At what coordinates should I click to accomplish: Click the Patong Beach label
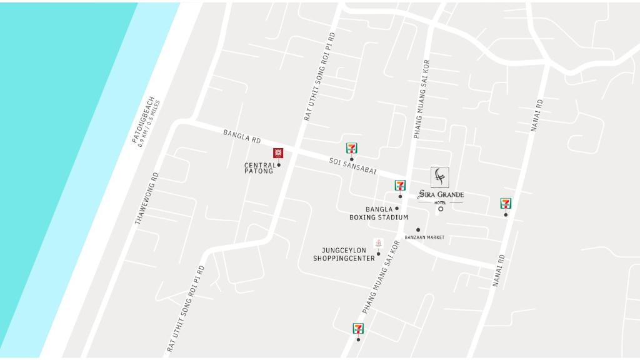click(x=142, y=119)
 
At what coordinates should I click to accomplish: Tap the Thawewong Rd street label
click(x=147, y=198)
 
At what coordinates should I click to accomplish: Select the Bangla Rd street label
click(x=242, y=136)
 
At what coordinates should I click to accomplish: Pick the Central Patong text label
click(x=259, y=168)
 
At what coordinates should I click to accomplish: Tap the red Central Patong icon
click(x=278, y=152)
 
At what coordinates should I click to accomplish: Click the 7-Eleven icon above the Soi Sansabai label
click(x=352, y=148)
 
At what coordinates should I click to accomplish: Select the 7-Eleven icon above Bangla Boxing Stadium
click(x=400, y=185)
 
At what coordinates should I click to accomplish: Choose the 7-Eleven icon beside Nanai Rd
click(x=506, y=203)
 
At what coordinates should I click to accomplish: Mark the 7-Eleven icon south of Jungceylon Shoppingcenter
click(x=358, y=328)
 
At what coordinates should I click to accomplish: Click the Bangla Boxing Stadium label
click(x=379, y=214)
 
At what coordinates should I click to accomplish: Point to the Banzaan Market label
click(x=424, y=237)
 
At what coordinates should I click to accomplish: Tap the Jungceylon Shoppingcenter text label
click(x=344, y=254)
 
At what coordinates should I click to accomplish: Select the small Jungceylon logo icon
click(x=377, y=242)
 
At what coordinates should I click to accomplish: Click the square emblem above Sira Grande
click(x=440, y=177)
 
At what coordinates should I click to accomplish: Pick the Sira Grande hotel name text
click(x=441, y=194)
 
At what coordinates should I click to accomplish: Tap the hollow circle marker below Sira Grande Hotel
click(x=441, y=209)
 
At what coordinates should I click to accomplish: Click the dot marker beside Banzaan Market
click(x=418, y=230)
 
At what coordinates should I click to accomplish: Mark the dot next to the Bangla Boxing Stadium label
click(x=397, y=209)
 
